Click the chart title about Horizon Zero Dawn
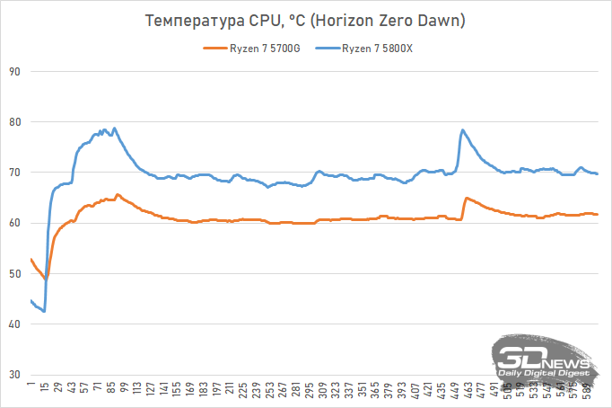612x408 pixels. [306, 21]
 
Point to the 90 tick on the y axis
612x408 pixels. [13, 72]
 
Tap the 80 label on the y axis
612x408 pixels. [13, 122]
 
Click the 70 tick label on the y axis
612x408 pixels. [13, 173]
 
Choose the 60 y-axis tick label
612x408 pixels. [13, 223]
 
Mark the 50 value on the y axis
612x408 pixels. [13, 274]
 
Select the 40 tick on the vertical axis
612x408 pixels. [13, 324]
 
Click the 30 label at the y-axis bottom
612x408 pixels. [13, 375]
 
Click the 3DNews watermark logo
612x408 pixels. [544, 360]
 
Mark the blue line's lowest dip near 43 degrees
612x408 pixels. [44, 311]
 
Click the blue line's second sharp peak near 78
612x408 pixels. [463, 130]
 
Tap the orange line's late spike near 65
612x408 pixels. [466, 198]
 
